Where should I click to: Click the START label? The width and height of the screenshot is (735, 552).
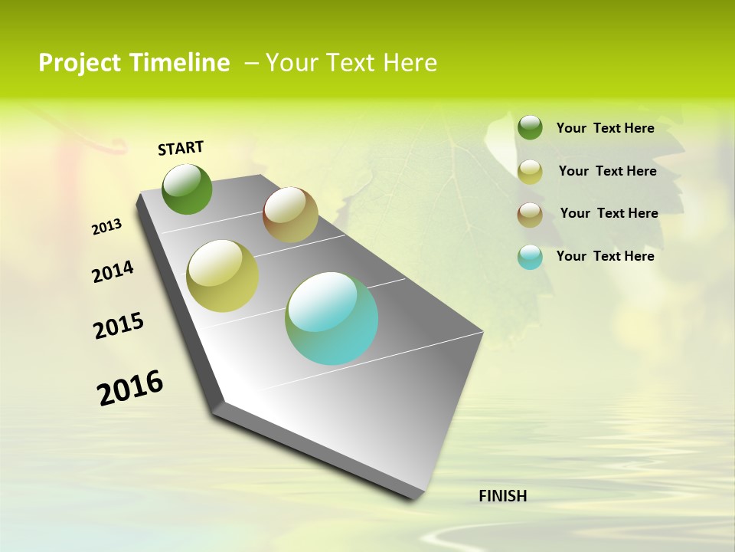pos(181,148)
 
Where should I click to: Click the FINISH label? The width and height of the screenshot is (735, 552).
pos(502,496)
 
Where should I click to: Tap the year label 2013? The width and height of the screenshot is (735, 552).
pos(107,227)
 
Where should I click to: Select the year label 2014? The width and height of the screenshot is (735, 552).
pos(113,272)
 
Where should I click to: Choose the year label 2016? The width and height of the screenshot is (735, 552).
pos(130,388)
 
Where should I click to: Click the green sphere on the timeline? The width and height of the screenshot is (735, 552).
pos(188,189)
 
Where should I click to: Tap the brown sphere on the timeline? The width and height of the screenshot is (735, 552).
pos(290,215)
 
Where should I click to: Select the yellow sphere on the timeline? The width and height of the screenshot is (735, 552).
pos(223,276)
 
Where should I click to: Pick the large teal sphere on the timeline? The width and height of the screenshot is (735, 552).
pos(332,318)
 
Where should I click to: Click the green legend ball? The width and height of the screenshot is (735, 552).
pos(530,127)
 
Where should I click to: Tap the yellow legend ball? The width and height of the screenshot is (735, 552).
pos(530,172)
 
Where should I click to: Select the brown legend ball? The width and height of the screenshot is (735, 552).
pos(530,215)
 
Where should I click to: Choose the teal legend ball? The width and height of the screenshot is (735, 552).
pos(530,257)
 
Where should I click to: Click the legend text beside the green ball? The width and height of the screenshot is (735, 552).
pos(605,128)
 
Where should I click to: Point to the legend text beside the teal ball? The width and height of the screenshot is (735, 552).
pos(605,256)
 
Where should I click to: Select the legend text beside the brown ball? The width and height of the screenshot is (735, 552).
pos(609,213)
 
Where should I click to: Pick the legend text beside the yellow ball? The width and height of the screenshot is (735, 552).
pos(607,171)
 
